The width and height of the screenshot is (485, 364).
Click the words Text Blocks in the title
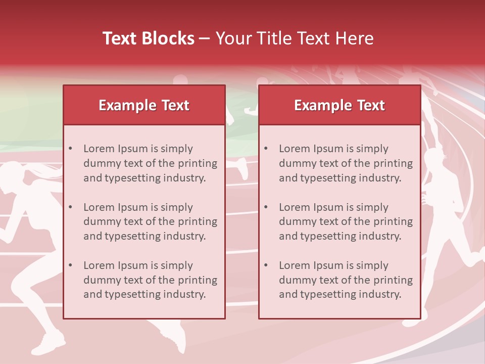click(149, 38)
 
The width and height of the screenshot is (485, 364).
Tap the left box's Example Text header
click(144, 105)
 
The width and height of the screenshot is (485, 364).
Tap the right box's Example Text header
click(339, 105)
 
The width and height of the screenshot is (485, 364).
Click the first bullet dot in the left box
click(71, 149)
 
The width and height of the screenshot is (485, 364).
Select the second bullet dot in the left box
click(71, 207)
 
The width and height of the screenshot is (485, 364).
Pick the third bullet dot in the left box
click(71, 265)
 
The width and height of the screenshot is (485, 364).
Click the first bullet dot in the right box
click(266, 149)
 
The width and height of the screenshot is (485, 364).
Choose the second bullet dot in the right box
click(266, 207)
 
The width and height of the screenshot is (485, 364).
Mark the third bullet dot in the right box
click(266, 265)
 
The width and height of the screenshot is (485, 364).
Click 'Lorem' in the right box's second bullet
click(295, 207)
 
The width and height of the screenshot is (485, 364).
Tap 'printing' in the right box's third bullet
click(393, 280)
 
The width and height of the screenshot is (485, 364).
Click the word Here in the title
click(356, 38)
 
